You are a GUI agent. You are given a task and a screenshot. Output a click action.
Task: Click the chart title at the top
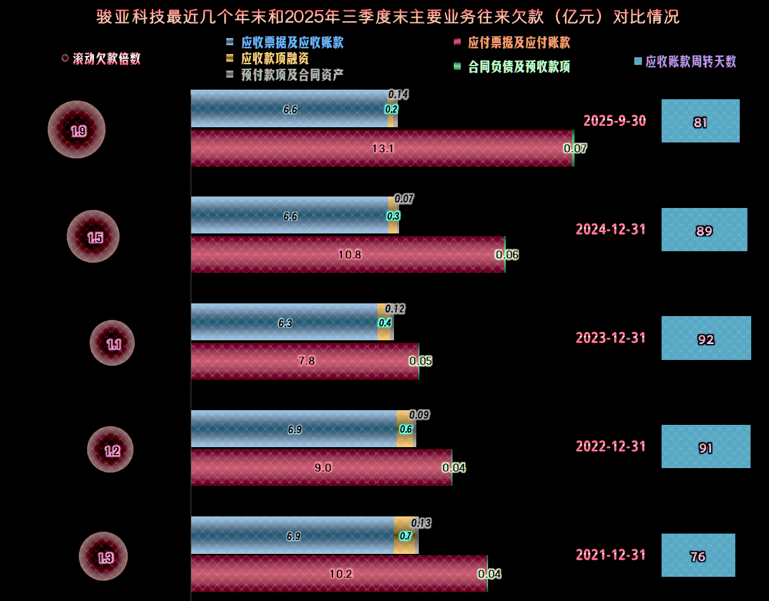[x=388, y=17]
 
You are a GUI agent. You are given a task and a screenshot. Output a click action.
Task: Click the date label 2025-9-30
[x=615, y=121]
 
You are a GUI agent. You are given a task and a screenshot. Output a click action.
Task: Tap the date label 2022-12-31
[x=611, y=446]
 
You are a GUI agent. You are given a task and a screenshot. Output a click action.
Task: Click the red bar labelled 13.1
[x=381, y=149]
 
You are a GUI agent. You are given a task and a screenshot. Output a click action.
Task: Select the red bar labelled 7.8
[x=304, y=361]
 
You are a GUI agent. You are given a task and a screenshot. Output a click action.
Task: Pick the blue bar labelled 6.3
[x=284, y=322]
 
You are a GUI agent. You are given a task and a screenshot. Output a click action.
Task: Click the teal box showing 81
[x=700, y=121]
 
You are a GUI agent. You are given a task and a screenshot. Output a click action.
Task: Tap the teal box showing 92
[x=706, y=338]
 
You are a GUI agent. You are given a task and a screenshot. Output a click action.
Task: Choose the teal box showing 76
[x=698, y=556]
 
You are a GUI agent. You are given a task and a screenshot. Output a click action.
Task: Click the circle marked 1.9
[x=77, y=130]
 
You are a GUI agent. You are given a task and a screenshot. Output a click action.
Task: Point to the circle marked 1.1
[x=112, y=343]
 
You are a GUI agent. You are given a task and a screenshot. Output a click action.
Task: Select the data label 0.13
[x=421, y=523]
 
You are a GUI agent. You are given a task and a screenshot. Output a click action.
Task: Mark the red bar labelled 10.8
[x=348, y=255]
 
